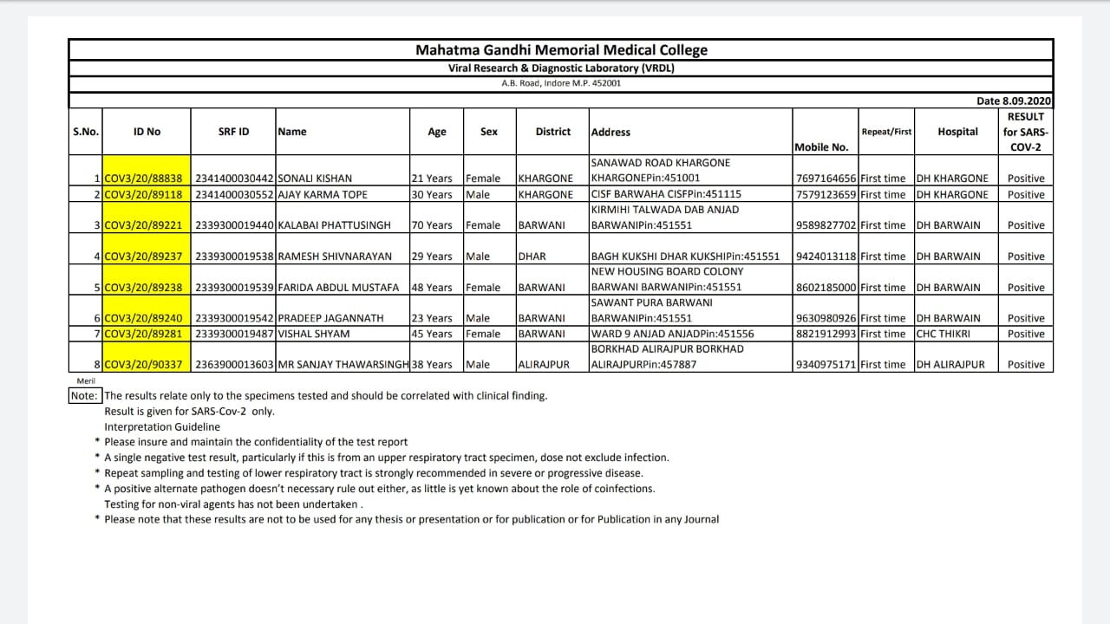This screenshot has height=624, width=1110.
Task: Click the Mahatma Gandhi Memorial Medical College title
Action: tap(561, 50)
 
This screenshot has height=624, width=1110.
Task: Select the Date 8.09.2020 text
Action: tap(1014, 101)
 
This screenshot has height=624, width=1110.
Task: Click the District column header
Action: tap(552, 132)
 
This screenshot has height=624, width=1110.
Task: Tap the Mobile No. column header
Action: tap(821, 147)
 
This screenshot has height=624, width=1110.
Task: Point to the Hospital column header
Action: tap(957, 132)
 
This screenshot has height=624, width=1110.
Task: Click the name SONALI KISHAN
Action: tap(315, 179)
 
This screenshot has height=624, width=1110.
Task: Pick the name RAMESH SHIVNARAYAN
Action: tap(335, 257)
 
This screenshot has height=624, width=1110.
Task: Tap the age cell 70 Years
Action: tap(432, 225)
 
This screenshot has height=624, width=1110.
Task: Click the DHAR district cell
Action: tap(532, 257)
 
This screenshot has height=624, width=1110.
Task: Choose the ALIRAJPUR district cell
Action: tap(544, 365)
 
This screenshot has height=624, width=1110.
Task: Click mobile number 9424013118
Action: tap(826, 257)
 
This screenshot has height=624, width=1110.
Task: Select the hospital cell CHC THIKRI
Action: tap(943, 334)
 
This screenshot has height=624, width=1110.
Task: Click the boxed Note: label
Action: tap(84, 396)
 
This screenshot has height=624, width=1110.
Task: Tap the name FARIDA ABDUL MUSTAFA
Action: tap(338, 288)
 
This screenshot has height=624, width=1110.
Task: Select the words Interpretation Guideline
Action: tap(162, 427)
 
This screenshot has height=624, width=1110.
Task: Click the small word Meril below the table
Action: tap(85, 381)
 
